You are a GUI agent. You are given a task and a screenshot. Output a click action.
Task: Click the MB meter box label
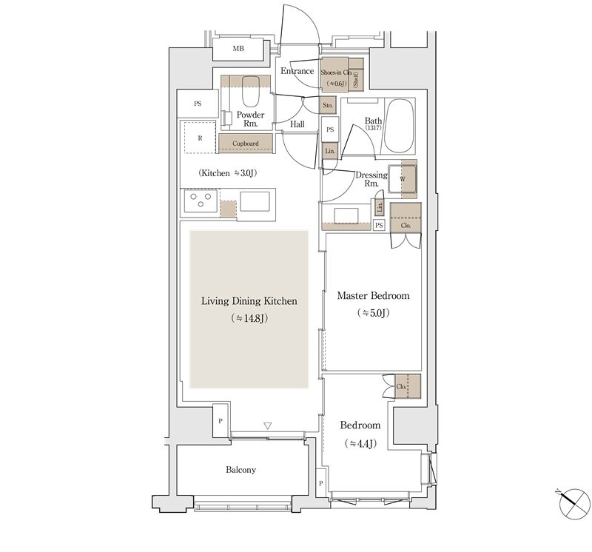click(238, 49)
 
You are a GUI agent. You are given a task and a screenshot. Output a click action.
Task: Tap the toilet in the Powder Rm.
click(250, 91)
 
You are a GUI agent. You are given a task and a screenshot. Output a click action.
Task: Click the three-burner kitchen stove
click(201, 201)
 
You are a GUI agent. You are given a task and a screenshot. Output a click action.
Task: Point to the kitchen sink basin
click(255, 201)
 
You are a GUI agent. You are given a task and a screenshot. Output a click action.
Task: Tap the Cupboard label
click(246, 144)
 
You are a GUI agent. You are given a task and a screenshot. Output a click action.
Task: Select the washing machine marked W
click(403, 179)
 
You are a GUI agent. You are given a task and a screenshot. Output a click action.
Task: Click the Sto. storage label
click(328, 105)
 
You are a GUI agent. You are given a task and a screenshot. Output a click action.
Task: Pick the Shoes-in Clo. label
click(336, 72)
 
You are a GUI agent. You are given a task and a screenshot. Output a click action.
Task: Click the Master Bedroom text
click(373, 295)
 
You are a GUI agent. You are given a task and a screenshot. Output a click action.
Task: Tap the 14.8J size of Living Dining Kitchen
click(249, 318)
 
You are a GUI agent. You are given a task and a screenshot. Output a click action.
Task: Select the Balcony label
click(241, 470)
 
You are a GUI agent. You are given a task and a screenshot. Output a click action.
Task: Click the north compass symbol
click(574, 504)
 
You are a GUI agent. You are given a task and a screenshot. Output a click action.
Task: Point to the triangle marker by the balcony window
click(268, 426)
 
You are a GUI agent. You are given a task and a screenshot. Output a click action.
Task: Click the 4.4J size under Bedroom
click(360, 444)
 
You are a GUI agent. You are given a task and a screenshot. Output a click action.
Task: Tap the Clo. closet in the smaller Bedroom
click(408, 386)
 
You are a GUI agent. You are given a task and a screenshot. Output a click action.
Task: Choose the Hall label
click(297, 124)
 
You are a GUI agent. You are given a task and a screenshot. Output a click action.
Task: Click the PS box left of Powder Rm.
click(198, 104)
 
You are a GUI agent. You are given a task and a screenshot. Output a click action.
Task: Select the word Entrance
click(297, 71)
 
